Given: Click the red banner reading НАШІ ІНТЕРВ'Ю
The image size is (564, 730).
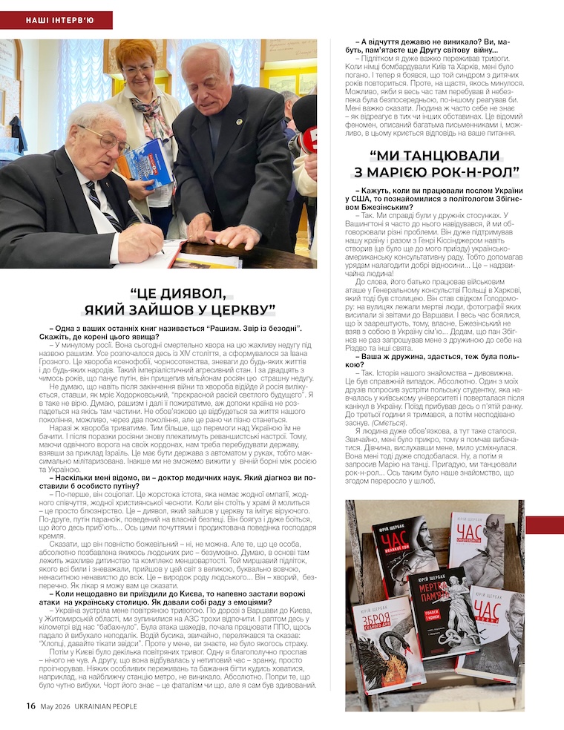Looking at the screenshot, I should pyautogui.click(x=56, y=20).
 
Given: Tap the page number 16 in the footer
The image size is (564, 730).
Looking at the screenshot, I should pyautogui.click(x=30, y=706).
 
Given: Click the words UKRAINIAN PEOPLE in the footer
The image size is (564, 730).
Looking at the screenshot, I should pyautogui.click(x=105, y=706).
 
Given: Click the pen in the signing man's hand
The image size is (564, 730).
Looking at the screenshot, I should pyautogui.click(x=140, y=219).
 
